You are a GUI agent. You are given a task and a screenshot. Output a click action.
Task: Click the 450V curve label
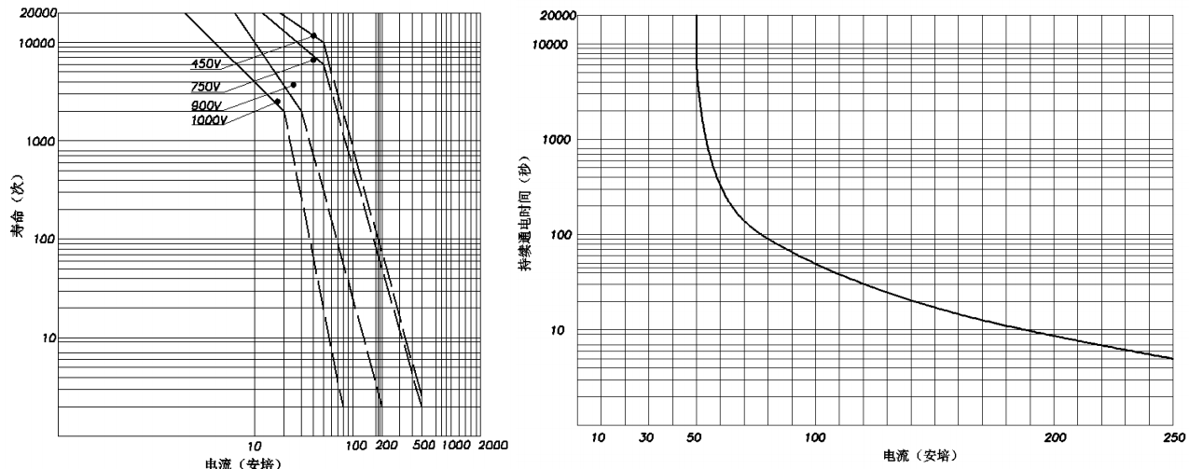pyautogui.click(x=204, y=64)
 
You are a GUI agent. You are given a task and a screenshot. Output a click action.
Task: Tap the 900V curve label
pyautogui.click(x=204, y=105)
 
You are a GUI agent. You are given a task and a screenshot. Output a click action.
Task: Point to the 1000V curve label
pyautogui.click(x=208, y=120)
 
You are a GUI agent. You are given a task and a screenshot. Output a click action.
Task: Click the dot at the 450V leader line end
pyautogui.click(x=313, y=36)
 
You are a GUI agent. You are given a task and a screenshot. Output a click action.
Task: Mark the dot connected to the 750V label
pyautogui.click(x=313, y=60)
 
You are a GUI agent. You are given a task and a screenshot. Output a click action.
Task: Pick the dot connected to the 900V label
pyautogui.click(x=293, y=85)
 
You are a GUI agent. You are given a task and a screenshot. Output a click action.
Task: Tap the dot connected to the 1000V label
pyautogui.click(x=277, y=102)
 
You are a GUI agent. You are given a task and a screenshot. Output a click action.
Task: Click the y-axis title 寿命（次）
pyautogui.click(x=17, y=222)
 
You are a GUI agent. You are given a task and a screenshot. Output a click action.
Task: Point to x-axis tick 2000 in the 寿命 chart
pyautogui.click(x=494, y=446)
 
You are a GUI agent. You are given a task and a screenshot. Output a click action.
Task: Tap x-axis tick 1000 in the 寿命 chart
pyautogui.click(x=457, y=446)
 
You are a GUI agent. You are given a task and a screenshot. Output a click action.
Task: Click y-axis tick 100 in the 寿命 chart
pyautogui.click(x=42, y=240)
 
